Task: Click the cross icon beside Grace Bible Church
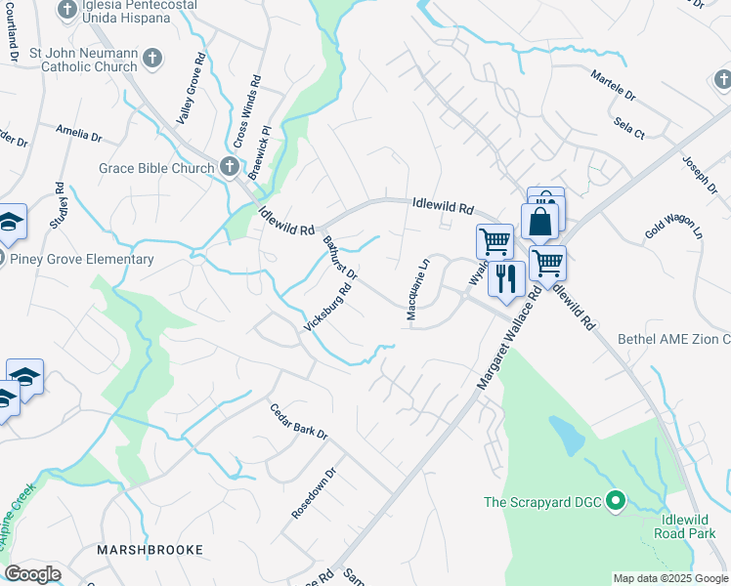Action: point(229,167)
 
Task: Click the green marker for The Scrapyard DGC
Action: point(615,502)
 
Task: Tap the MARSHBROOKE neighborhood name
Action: point(150,550)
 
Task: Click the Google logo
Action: point(31,574)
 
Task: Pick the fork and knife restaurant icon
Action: point(505,279)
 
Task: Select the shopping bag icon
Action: point(539,222)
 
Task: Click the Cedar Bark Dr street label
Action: point(298,421)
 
